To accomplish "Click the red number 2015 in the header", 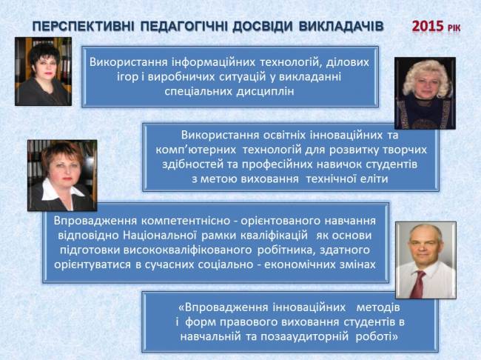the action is coord(428,27).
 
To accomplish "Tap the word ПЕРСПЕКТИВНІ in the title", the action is coord(84,27).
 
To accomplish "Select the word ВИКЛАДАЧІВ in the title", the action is coord(341,27).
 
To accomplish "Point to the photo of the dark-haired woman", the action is coord(43,72).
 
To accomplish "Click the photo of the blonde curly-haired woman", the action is coord(425,93).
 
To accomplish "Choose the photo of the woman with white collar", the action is coord(62,176).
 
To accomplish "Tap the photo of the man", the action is coord(425,260).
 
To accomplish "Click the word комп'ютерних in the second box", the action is coord(195,150).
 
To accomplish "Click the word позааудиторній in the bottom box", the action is coord(305,336).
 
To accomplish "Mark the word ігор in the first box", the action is coord(127,77).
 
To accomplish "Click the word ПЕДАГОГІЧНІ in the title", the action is coord(184,27).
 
